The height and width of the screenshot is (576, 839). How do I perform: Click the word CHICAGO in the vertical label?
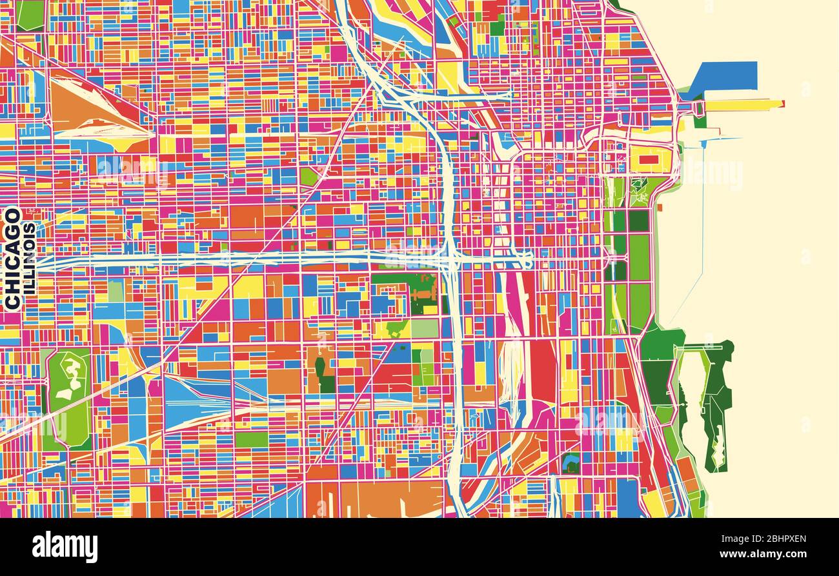[x=12, y=258]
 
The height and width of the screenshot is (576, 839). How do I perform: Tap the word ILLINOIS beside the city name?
[x=30, y=258]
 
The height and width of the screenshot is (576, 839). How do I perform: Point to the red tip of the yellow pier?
[x=781, y=103]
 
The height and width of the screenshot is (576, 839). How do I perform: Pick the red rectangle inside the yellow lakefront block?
[x=649, y=159]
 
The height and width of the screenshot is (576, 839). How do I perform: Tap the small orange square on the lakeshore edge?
[x=660, y=208]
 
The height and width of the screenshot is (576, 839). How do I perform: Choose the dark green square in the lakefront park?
[x=638, y=221]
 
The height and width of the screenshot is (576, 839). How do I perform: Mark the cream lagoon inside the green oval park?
[x=70, y=374]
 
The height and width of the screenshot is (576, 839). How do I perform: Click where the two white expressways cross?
[x=450, y=260]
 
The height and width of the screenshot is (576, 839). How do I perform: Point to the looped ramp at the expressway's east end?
[x=526, y=260]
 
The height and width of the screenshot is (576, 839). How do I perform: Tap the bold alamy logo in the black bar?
[x=65, y=547]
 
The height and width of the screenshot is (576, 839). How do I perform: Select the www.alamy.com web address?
[x=762, y=554]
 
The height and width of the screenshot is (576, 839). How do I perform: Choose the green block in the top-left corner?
[x=30, y=14]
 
